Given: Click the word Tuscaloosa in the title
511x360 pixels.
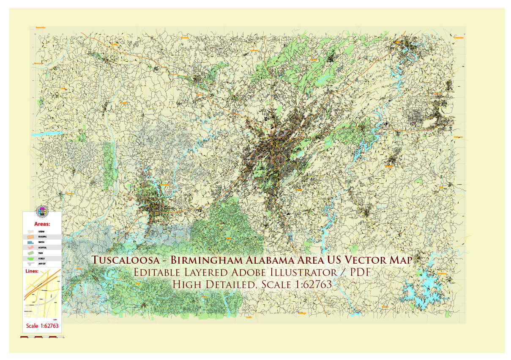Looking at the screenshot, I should coord(126,259).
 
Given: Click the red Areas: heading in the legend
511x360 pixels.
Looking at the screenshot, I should coord(42,224).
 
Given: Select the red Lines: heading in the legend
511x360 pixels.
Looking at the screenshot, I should coord(34,270).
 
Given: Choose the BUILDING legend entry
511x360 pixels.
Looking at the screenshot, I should coord(42,237).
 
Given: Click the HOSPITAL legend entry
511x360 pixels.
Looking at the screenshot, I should coord(42,248).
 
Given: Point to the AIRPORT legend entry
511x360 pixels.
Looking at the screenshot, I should coord(42,263).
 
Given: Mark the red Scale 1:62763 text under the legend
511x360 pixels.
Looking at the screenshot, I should coord(42,326).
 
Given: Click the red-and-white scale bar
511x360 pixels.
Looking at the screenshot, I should coord(42,337).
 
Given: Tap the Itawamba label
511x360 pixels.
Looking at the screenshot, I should coord(40,27).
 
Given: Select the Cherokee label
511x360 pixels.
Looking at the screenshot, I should coord(459,38).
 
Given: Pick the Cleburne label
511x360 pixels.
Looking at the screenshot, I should coord(458,137).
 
